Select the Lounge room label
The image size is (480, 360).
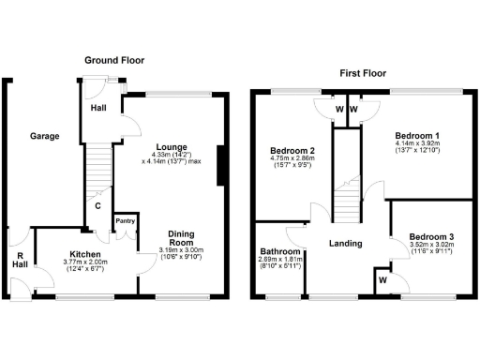click(172, 147)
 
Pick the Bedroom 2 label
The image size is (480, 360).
click(292, 151)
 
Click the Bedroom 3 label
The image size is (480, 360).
click(432, 235)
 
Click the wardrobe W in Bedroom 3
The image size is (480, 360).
click(384, 279)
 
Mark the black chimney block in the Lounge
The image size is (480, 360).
click(220, 166)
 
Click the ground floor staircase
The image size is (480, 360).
click(97, 169)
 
